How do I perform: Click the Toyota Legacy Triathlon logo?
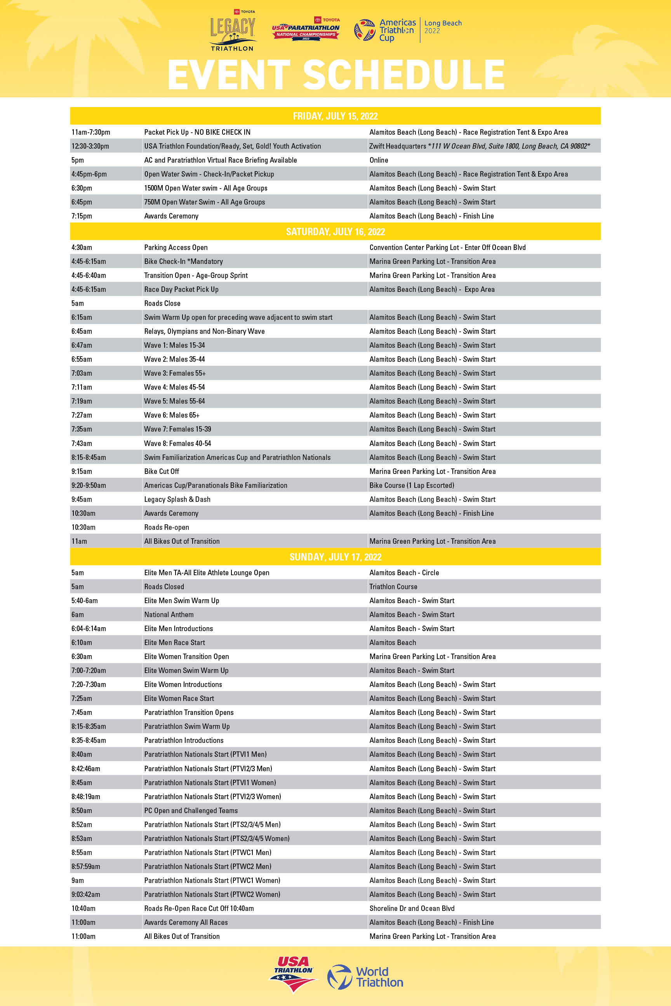click(232, 31)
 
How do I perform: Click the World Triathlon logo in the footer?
click(365, 977)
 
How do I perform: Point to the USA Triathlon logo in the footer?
click(294, 973)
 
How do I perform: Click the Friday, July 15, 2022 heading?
click(335, 116)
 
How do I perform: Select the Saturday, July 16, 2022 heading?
click(335, 232)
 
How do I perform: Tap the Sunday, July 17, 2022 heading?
click(335, 557)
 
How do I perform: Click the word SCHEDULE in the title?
click(403, 75)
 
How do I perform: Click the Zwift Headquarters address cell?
click(479, 146)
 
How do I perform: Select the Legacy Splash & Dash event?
click(177, 499)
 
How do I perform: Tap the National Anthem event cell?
click(169, 615)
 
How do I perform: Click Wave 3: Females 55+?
click(175, 373)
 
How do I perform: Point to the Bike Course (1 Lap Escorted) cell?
click(412, 486)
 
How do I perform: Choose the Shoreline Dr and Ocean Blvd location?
click(412, 909)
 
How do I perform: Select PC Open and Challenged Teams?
click(191, 810)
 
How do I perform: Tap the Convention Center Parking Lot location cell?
click(447, 248)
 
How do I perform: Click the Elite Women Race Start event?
click(179, 699)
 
